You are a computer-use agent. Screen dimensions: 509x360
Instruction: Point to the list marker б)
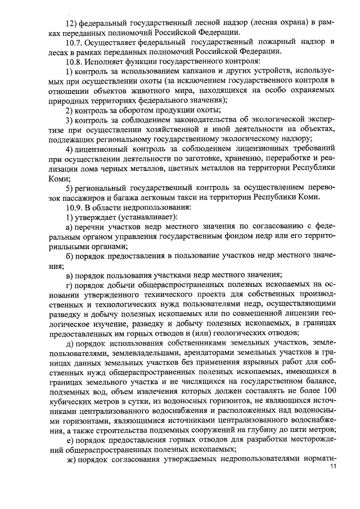pyautogui.click(x=70, y=256)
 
